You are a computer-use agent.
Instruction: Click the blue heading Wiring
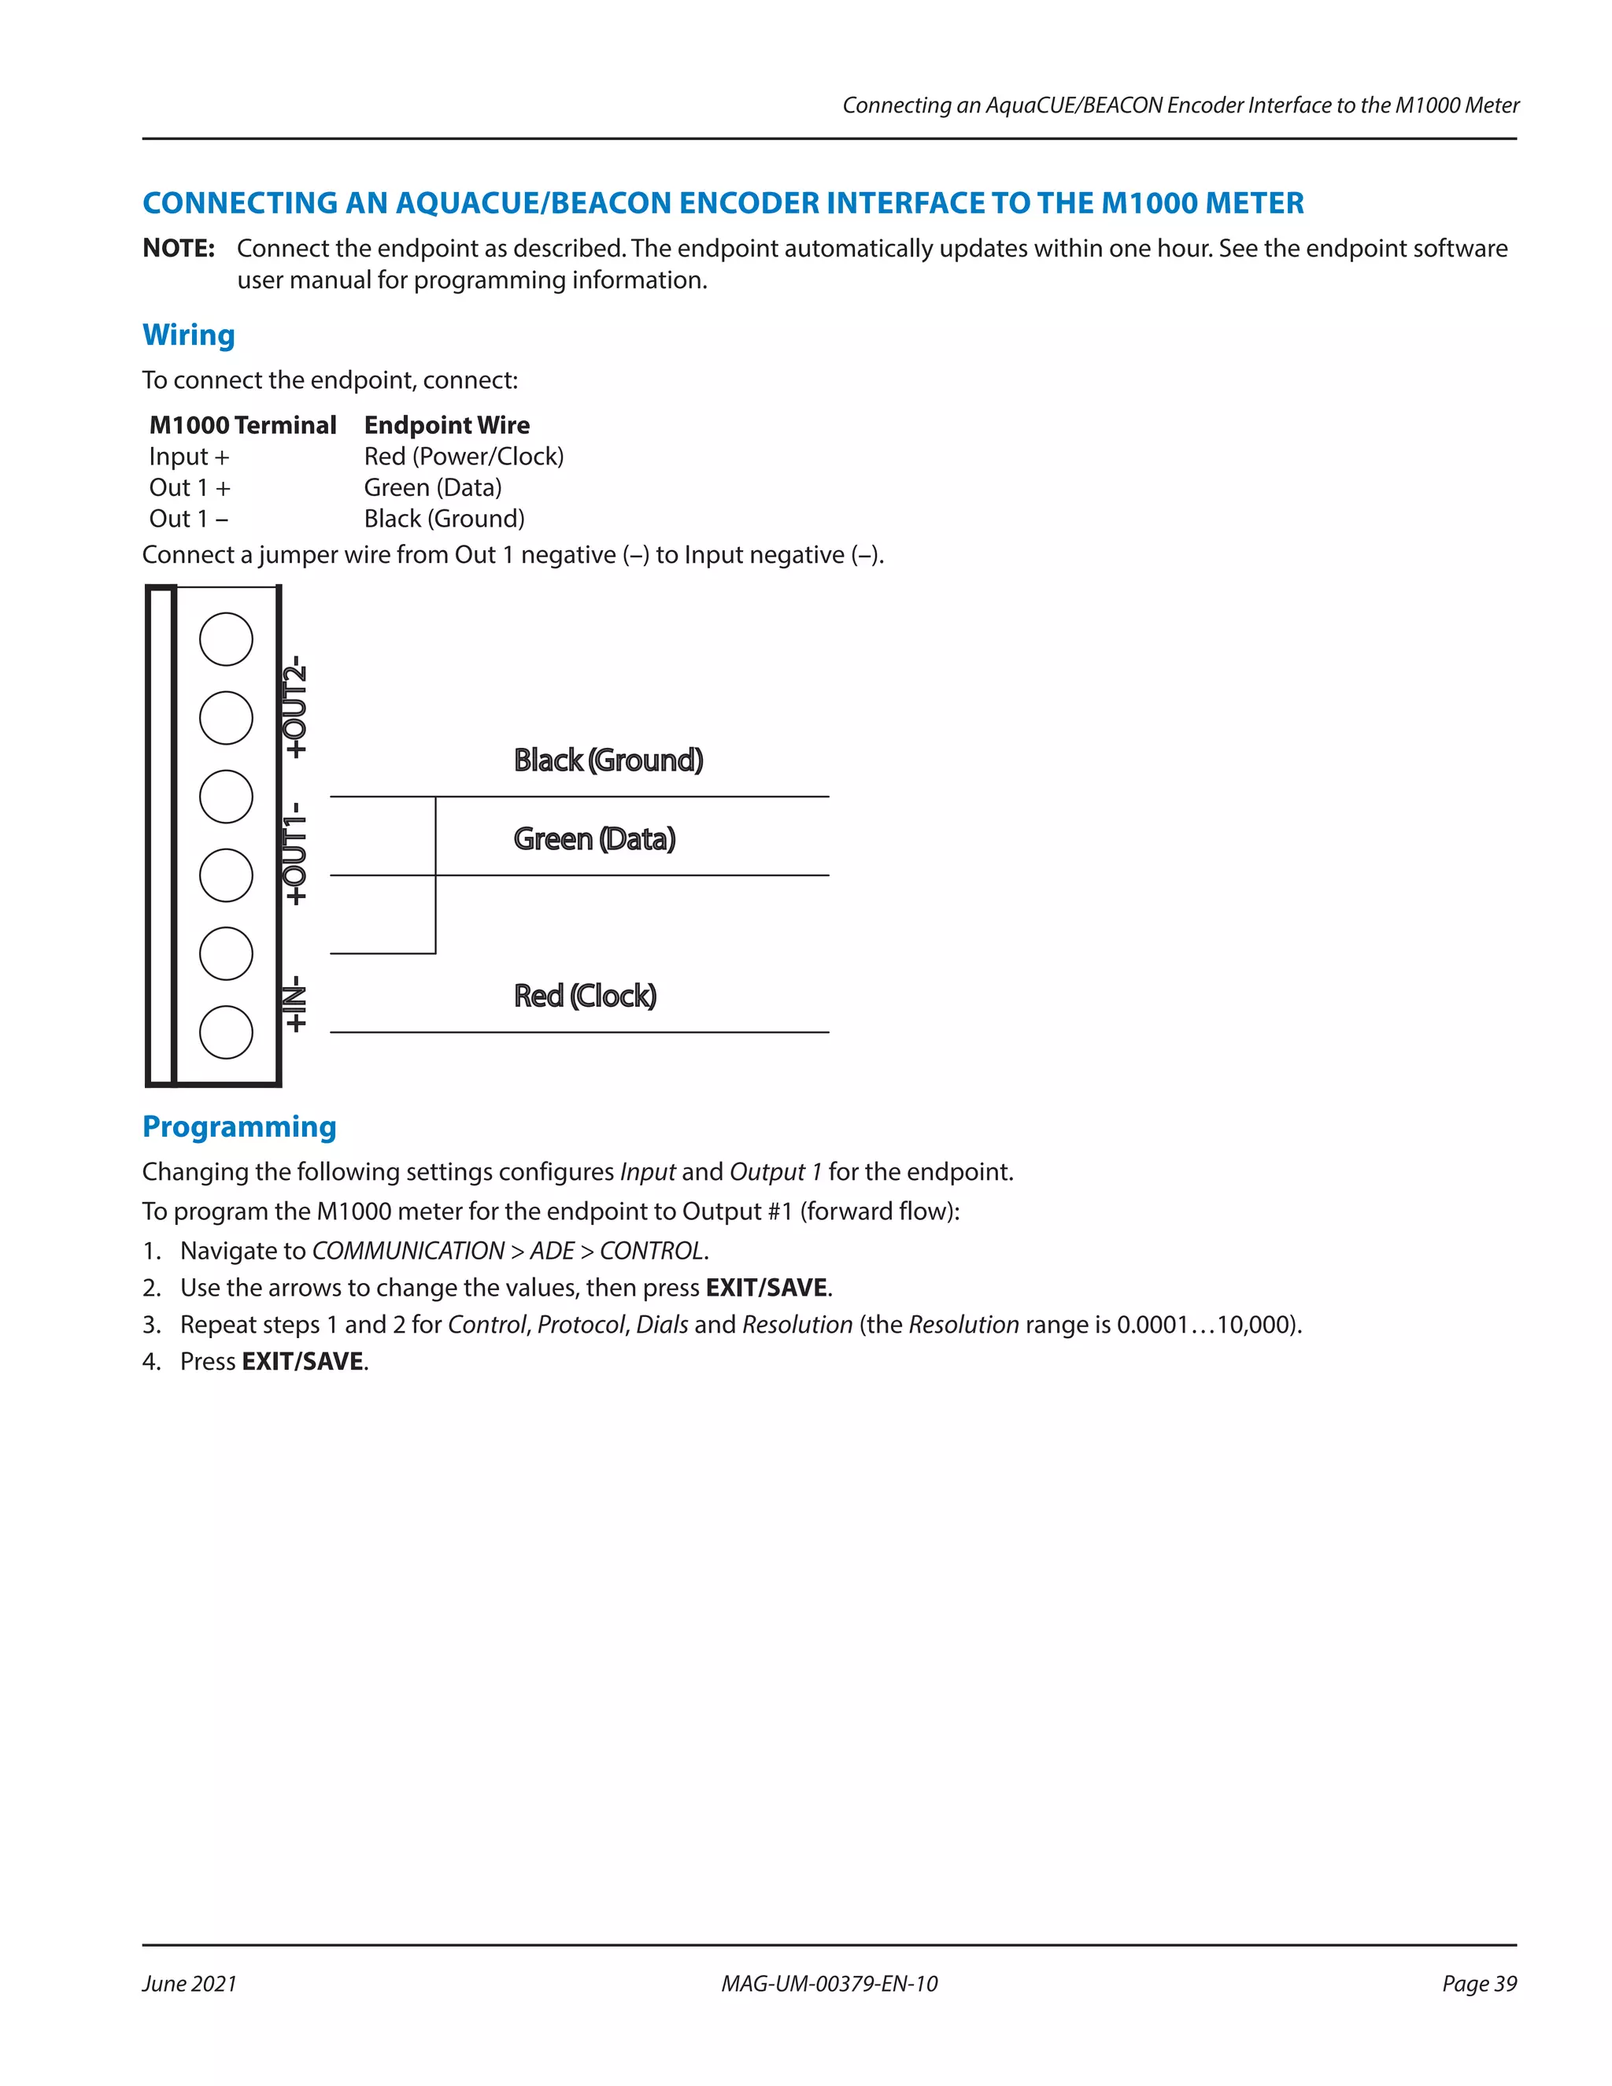[x=188, y=335]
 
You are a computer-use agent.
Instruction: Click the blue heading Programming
[x=238, y=1126]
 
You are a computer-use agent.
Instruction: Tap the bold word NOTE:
[x=179, y=248]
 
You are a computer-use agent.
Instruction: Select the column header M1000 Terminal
[x=242, y=425]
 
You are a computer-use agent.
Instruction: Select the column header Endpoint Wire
[x=446, y=425]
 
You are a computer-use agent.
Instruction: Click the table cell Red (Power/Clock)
[x=463, y=457]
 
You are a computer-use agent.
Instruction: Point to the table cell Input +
[x=189, y=457]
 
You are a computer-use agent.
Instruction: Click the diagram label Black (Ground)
[x=608, y=760]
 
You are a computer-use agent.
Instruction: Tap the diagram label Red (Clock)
[x=585, y=997]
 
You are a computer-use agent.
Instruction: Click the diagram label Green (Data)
[x=594, y=838]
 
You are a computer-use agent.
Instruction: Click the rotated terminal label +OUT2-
[x=296, y=707]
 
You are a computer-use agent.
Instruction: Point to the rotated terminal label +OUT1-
[x=296, y=853]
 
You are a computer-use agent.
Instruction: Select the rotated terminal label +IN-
[x=296, y=1003]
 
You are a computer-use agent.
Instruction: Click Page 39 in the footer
[x=1478, y=1984]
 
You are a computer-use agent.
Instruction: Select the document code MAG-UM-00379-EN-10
[x=829, y=1984]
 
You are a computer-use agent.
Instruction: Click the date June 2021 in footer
[x=189, y=1984]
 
